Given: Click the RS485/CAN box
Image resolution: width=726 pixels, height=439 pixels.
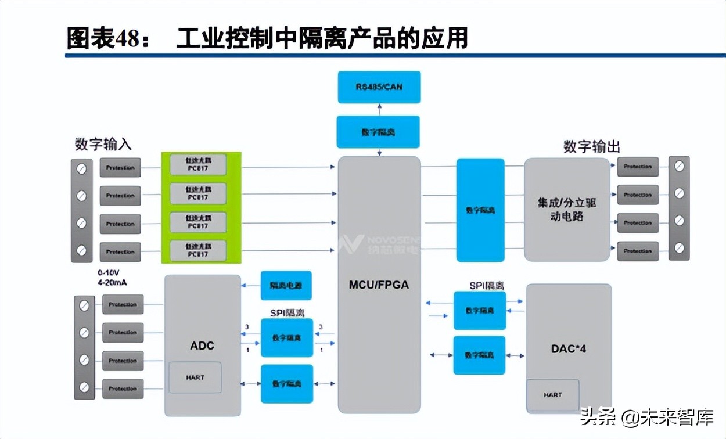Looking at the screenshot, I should (379, 87).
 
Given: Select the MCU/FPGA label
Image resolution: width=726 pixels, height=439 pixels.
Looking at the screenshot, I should (379, 285).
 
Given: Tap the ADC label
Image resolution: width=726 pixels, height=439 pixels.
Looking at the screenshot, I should (202, 346).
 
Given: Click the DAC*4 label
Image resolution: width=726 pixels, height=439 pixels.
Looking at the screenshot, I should (568, 349).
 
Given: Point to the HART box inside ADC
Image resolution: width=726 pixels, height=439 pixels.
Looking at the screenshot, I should (195, 377).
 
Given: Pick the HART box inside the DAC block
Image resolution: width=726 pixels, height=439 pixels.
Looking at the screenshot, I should (553, 395).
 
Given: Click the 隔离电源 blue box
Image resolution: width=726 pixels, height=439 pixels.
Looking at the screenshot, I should (286, 286).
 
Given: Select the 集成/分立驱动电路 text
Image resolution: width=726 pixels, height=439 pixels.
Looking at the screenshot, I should (567, 210).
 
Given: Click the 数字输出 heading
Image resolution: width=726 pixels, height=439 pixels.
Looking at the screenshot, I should (591, 146).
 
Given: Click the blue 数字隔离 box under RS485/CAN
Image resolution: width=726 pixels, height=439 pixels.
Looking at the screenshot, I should (379, 132).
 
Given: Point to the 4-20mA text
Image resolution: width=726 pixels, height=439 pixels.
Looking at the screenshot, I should (112, 282).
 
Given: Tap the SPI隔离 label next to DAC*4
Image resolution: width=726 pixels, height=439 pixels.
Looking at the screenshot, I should (486, 285).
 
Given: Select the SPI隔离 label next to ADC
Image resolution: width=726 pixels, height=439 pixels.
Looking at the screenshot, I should (286, 312).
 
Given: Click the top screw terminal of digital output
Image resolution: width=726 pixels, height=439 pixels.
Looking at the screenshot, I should (679, 167).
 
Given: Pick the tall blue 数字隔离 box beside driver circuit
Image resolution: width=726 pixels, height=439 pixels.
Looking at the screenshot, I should (480, 210).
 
